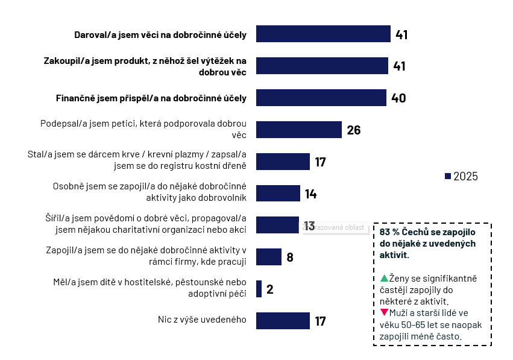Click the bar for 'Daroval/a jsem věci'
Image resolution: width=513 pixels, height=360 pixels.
pos(323,34)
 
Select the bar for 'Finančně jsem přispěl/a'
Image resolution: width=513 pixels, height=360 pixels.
pos(321,98)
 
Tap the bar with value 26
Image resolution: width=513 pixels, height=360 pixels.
pos(299,130)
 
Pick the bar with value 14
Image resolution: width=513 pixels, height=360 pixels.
pos(278,194)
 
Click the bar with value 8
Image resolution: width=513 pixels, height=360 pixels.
pos(269,257)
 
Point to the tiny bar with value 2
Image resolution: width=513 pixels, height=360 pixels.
pos(259,289)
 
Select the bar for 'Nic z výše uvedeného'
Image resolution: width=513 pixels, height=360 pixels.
pos(283,321)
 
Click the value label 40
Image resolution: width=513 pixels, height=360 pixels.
pos(398,98)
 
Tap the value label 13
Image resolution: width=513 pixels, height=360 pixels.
pos(309,226)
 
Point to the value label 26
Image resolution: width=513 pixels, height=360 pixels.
pos(354,130)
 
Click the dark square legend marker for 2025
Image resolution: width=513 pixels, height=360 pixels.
pos(447,176)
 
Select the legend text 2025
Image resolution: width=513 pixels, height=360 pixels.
pos(465,176)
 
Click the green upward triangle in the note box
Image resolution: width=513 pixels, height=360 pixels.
pos(384,278)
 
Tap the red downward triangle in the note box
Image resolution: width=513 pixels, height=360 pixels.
pos(384,312)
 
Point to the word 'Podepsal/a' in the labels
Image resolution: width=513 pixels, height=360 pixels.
pos(63,124)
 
